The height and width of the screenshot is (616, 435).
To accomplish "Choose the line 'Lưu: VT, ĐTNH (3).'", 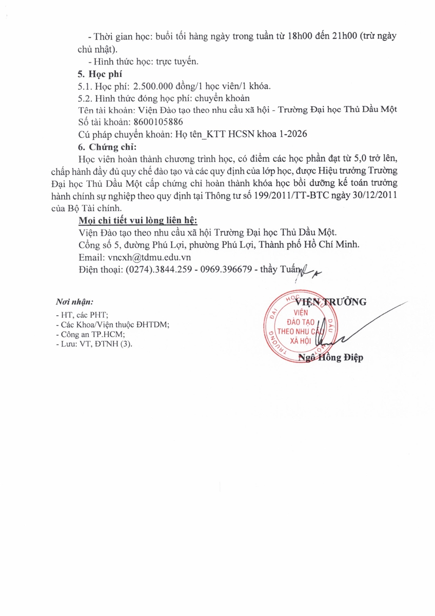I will coord(93,344).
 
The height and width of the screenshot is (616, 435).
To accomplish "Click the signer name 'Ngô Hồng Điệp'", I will coord(331,358).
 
